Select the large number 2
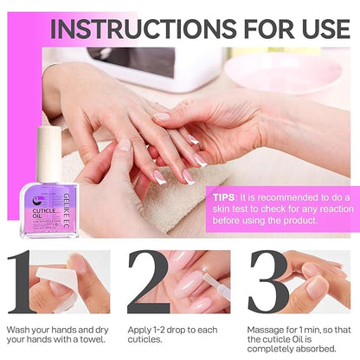tap(148, 282)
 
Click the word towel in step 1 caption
tap(90, 341)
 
